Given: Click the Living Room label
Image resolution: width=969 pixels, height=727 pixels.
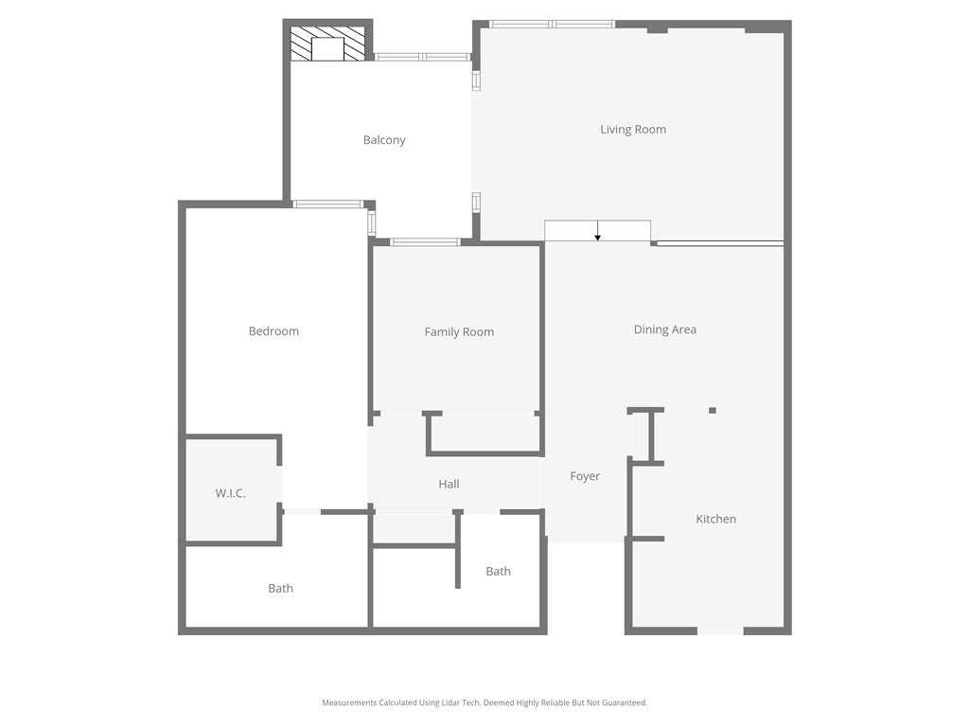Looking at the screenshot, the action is (633, 129).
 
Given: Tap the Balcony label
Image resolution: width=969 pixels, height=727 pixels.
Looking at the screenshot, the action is (384, 140).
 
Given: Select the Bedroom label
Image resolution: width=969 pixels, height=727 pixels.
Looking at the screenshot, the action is (273, 330).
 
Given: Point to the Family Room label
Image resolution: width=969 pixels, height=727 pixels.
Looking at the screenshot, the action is (459, 332).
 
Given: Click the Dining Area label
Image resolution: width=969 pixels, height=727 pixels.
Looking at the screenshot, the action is (665, 329).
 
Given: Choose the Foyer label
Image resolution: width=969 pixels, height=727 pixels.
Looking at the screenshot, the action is (585, 476).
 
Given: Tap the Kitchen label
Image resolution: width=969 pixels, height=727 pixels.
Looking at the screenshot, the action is (715, 519).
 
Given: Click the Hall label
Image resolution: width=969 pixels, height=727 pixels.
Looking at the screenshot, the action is (449, 484).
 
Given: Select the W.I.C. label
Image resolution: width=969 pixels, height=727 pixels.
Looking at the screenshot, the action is (231, 493).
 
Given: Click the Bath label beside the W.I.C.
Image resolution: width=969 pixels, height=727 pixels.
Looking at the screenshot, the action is (280, 588).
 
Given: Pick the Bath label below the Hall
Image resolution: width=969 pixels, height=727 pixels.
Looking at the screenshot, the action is (498, 571).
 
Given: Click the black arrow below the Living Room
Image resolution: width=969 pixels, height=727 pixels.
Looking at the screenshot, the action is (598, 231).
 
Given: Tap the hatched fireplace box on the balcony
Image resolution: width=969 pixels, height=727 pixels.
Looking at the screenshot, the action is (327, 44).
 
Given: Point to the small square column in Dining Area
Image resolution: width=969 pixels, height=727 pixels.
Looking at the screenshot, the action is (713, 411).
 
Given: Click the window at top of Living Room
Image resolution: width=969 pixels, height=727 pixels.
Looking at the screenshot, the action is (552, 24).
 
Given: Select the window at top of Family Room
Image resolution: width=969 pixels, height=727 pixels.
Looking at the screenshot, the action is (425, 241).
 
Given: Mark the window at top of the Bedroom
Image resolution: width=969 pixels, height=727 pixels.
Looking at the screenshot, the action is (327, 204).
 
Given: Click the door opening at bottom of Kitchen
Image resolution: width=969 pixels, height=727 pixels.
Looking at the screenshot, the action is (720, 630).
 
